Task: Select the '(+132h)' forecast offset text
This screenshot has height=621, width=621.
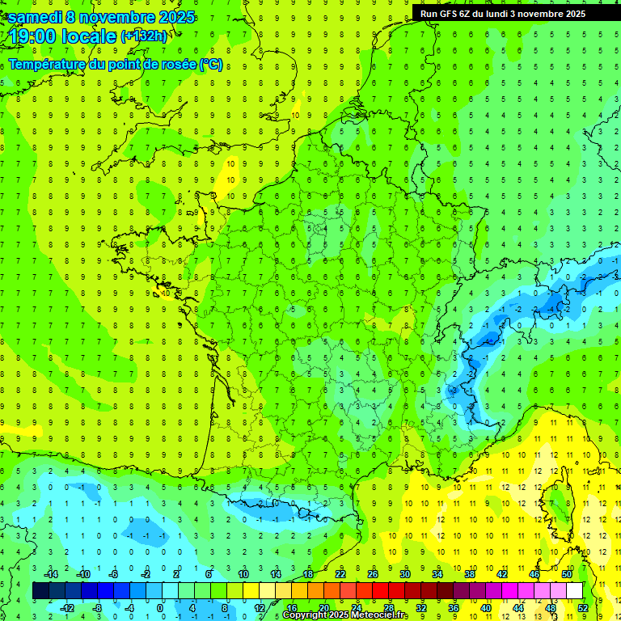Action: [x=144, y=36]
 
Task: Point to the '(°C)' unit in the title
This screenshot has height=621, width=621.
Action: [x=210, y=65]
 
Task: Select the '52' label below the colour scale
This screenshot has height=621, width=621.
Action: [x=582, y=608]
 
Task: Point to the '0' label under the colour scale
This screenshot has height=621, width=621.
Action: [x=160, y=608]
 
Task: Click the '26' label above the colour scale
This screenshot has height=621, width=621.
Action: [x=372, y=574]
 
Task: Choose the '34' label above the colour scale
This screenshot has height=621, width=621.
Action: [x=437, y=574]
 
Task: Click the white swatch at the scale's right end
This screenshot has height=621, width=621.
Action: [x=574, y=591]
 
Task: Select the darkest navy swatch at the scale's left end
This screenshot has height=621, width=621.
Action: [x=40, y=591]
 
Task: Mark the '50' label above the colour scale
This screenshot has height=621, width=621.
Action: [x=566, y=574]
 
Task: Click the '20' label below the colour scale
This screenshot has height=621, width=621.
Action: [x=323, y=608]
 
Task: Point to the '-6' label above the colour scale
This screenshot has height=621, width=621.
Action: [x=114, y=574]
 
